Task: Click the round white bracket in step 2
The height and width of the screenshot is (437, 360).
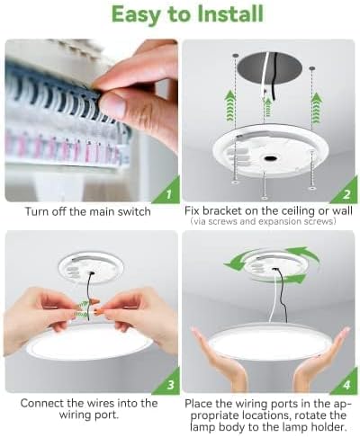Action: (x=269, y=152)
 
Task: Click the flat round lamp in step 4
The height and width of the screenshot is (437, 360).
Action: (x=269, y=343)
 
